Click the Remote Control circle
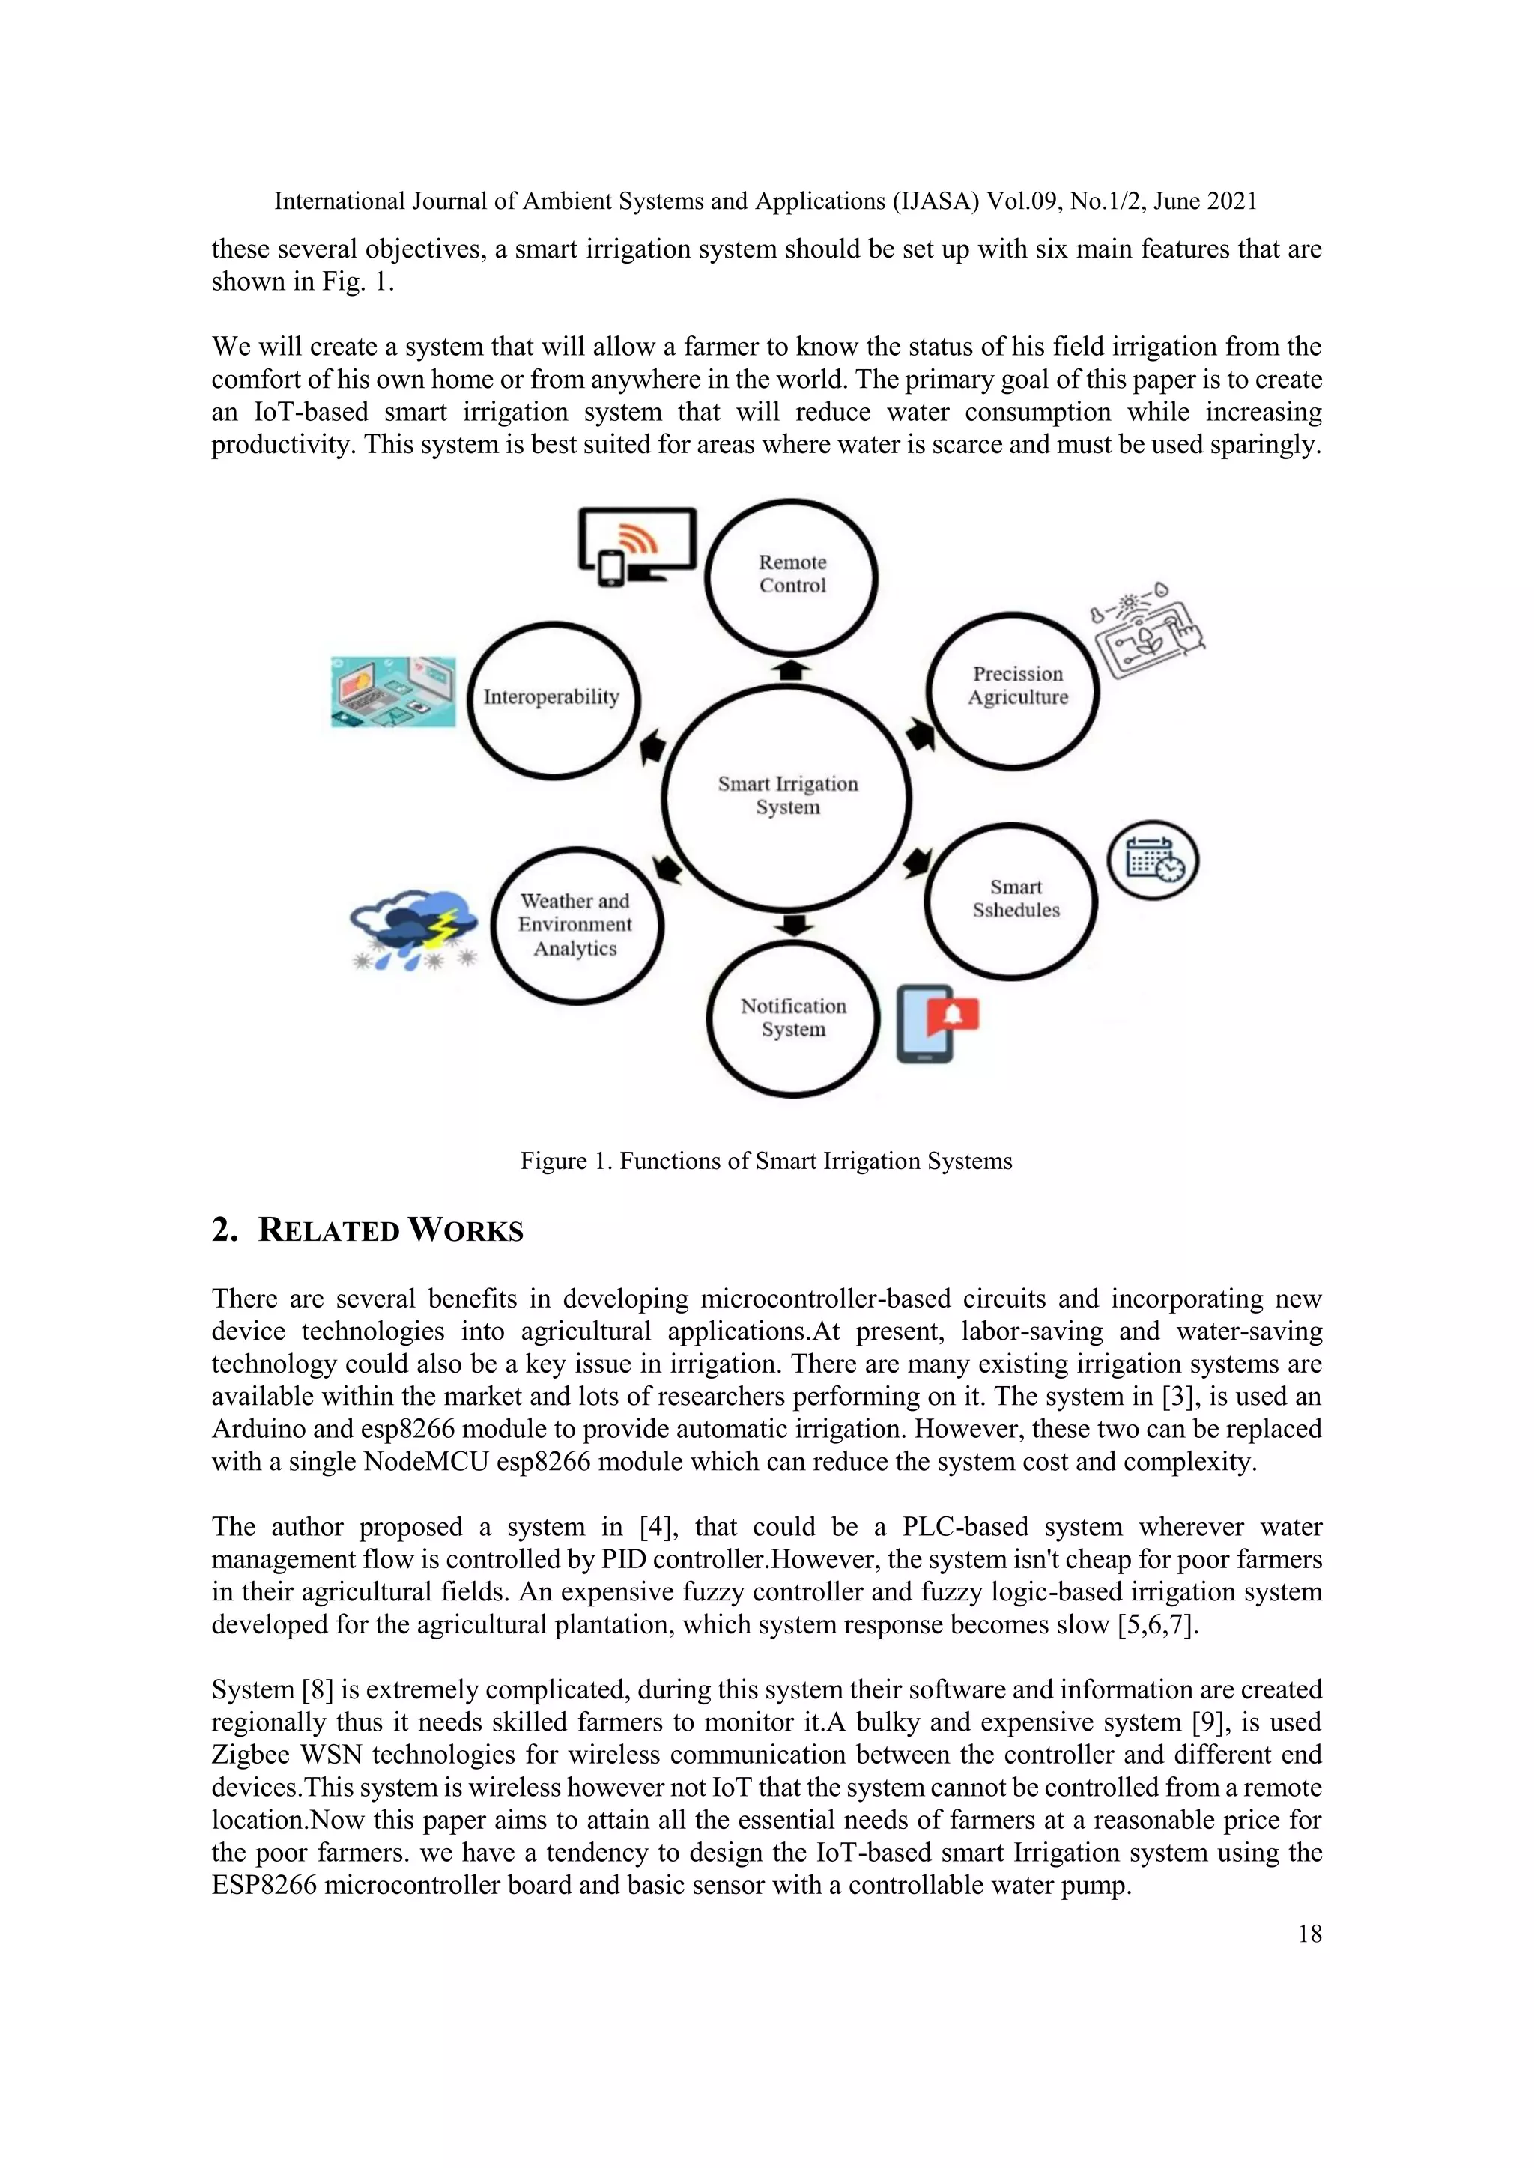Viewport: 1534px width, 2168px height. click(x=792, y=575)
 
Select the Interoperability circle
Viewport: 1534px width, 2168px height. click(x=553, y=699)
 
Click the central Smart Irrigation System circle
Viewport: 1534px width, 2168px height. click(x=786, y=796)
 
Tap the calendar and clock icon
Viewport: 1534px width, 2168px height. click(x=1153, y=860)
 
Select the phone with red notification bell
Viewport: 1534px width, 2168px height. click(x=935, y=1023)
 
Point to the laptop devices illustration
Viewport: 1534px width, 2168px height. click(x=393, y=692)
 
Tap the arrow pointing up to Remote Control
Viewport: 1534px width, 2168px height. click(x=792, y=669)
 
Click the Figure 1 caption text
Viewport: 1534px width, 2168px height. click(x=766, y=1161)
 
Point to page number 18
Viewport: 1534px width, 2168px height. click(x=1309, y=1933)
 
